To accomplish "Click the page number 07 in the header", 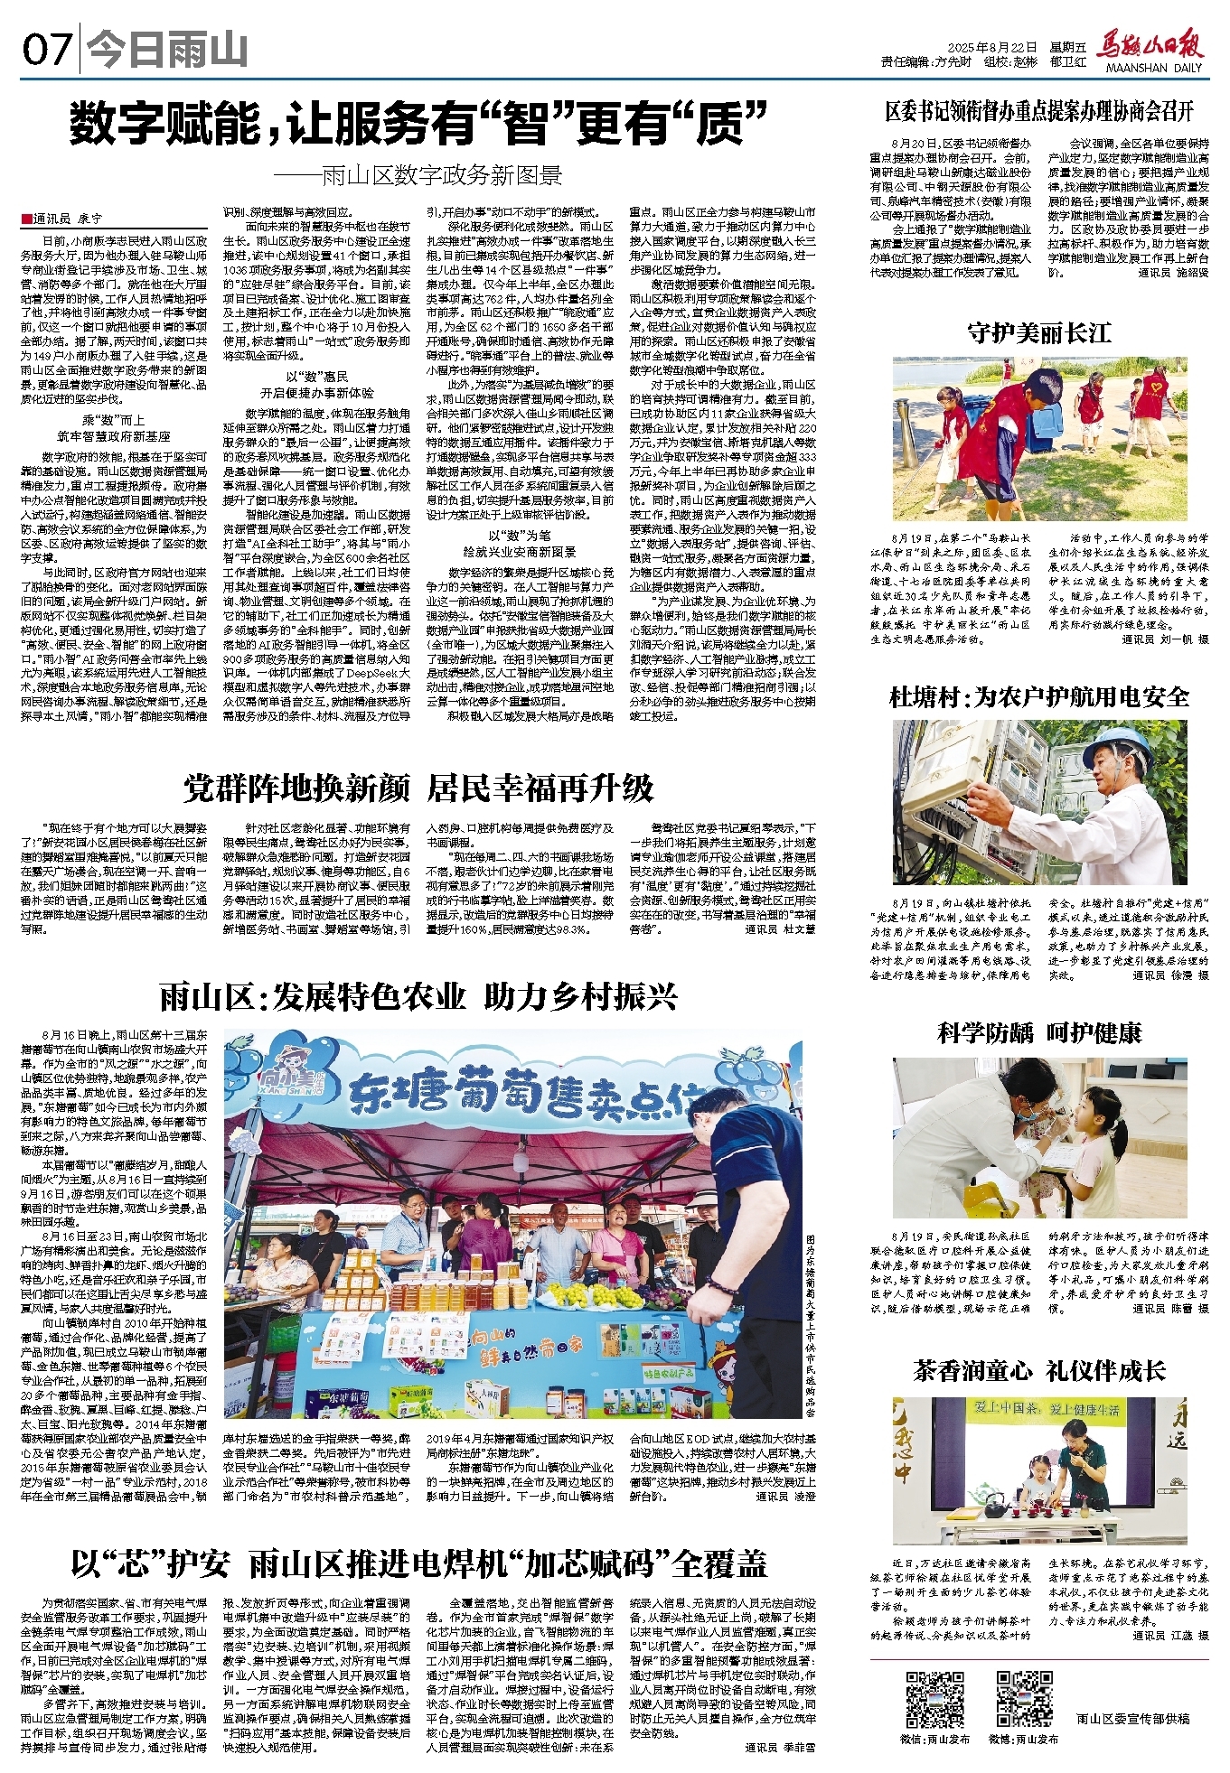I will pos(46,50).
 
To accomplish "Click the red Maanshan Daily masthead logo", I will pos(1150,48).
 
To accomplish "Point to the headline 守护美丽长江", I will pos(1039,333).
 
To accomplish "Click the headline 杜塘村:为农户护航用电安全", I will pos(1039,697).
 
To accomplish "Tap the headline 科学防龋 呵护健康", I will pos(1039,1032).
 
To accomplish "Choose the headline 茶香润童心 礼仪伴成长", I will pos(1039,1370).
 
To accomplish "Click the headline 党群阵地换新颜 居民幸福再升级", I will pos(418,788).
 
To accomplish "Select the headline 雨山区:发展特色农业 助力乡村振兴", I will pos(418,996).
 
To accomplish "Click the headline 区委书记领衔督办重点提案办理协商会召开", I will pos(1039,112).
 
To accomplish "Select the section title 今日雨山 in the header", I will pos(169,51).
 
